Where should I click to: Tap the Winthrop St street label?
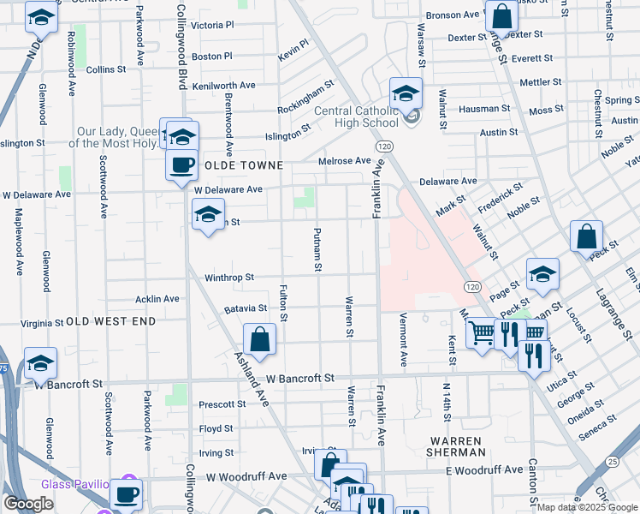point(229,278)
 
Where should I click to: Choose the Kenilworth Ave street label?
point(224,86)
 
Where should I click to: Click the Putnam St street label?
point(317,249)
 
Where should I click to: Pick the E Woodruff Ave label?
point(483,470)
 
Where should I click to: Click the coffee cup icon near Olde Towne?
point(181,165)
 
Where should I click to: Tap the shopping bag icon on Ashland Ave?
point(260,339)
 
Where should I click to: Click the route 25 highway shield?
point(612,463)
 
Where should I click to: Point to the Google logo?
point(28,504)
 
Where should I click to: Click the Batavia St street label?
point(246,308)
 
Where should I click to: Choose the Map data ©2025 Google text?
point(587,507)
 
